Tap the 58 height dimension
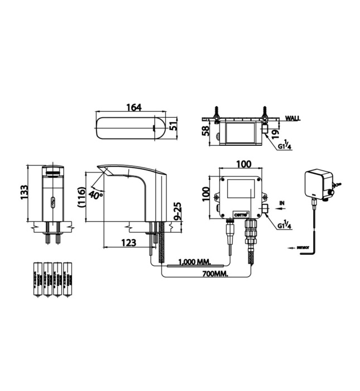click(206, 132)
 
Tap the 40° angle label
click(95, 195)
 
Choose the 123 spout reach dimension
click(127, 243)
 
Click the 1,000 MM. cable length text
click(195, 261)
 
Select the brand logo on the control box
click(241, 213)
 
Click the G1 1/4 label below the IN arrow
click(285, 225)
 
